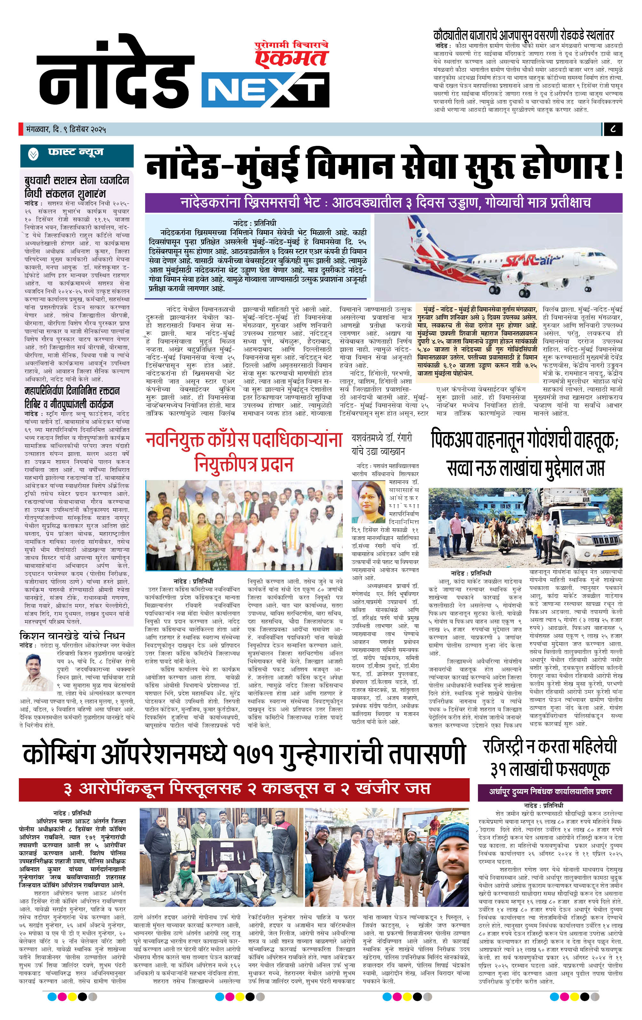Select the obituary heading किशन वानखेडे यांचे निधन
[x=72, y=636]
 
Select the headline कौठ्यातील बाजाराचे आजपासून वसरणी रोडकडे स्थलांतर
[x=523, y=35]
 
